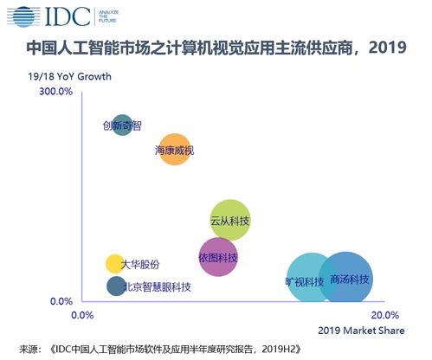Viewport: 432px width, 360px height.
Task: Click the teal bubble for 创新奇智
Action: pos(123,125)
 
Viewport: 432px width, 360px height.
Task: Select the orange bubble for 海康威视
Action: pos(175,150)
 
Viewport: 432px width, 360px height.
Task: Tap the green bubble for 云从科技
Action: pos(230,222)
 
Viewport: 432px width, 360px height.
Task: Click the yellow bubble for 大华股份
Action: pos(114,264)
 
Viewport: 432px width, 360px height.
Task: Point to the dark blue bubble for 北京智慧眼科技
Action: pos(116,286)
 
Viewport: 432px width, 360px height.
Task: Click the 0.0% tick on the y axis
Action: pos(60,301)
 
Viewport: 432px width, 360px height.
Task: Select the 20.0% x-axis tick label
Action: pos(384,314)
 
